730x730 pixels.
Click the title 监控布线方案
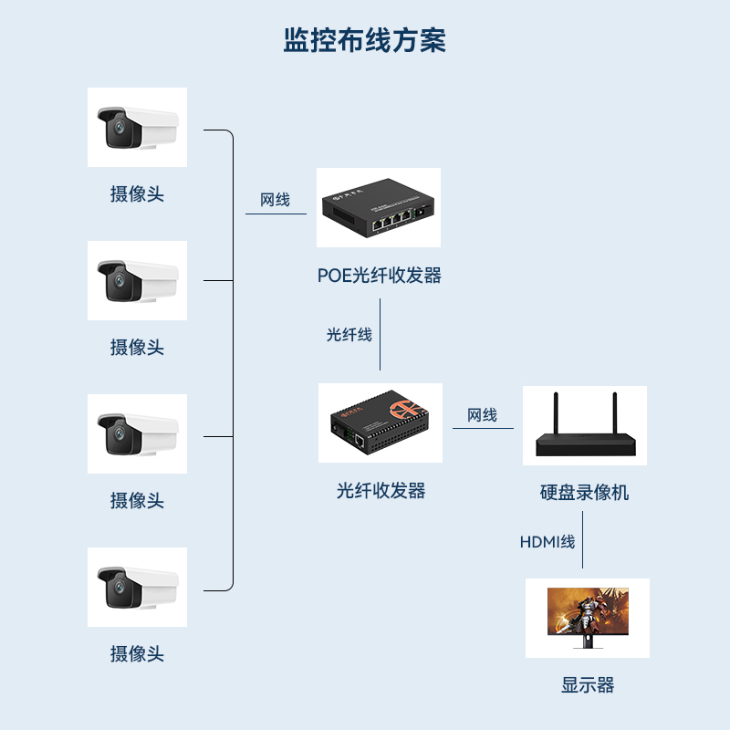click(x=365, y=41)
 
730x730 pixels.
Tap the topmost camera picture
click(x=137, y=127)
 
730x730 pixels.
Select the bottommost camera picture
click(x=137, y=587)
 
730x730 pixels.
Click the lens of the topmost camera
click(x=116, y=129)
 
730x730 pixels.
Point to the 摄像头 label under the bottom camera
click(x=137, y=653)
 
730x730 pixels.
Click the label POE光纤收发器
click(x=379, y=275)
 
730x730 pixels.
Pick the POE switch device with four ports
click(x=379, y=209)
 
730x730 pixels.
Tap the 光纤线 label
click(x=349, y=334)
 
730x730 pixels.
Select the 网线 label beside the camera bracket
click(x=275, y=199)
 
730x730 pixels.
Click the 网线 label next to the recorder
click(x=482, y=415)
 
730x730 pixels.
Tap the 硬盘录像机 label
click(x=584, y=493)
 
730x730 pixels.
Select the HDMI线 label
click(x=547, y=542)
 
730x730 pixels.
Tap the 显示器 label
click(x=588, y=685)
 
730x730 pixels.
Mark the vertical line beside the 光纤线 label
click(x=380, y=334)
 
